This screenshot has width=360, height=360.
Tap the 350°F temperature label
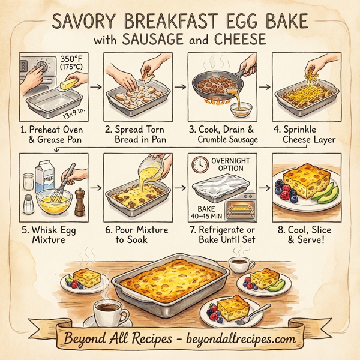73,59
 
